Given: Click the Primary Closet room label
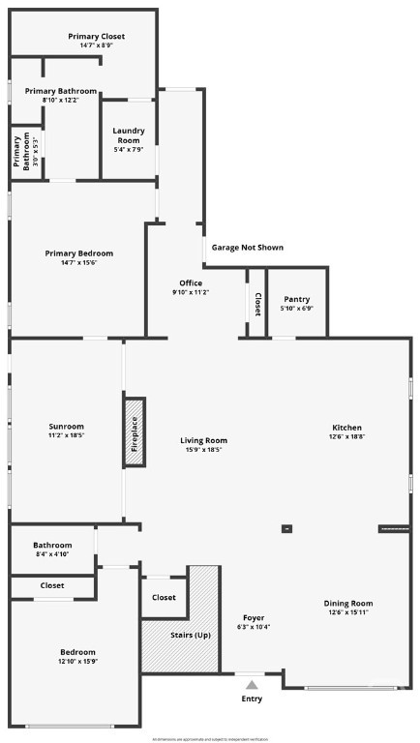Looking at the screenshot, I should [x=96, y=37].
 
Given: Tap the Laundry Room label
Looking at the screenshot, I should [x=128, y=131].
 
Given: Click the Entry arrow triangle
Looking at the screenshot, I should [x=252, y=685].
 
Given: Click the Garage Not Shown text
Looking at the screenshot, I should [x=248, y=248].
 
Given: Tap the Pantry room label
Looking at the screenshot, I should [x=296, y=300].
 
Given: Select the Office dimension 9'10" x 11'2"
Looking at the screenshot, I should [x=191, y=292].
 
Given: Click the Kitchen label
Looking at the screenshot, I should [x=346, y=428].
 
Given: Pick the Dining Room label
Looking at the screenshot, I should [x=347, y=603].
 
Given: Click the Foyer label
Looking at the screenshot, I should [x=254, y=617].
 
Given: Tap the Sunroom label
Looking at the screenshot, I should [x=67, y=427].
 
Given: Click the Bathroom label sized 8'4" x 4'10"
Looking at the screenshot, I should [x=52, y=545].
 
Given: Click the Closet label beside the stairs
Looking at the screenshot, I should [x=164, y=598].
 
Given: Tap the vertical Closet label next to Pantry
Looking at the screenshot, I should [x=257, y=306].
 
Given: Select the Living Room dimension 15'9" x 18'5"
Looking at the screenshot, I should [x=203, y=450].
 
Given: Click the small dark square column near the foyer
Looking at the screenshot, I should [x=286, y=528].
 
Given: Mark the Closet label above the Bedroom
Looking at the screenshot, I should [x=52, y=585].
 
